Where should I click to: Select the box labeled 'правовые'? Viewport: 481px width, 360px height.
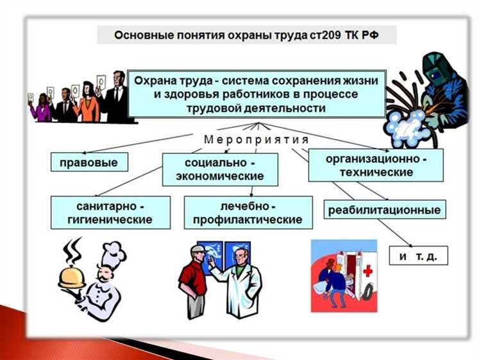coord(89,162)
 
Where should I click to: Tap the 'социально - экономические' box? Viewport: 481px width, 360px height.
coord(220,169)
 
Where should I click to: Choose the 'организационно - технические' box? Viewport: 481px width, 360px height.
coord(376,164)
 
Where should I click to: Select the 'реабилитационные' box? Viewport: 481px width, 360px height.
coord(385,209)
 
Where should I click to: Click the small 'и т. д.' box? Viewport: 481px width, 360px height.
coord(418,256)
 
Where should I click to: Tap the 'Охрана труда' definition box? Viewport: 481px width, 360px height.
coord(257,94)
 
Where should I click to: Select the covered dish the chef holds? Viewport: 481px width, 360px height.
coord(72,277)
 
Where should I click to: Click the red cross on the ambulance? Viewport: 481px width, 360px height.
coord(367,271)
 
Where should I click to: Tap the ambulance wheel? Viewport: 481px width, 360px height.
coord(359,298)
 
